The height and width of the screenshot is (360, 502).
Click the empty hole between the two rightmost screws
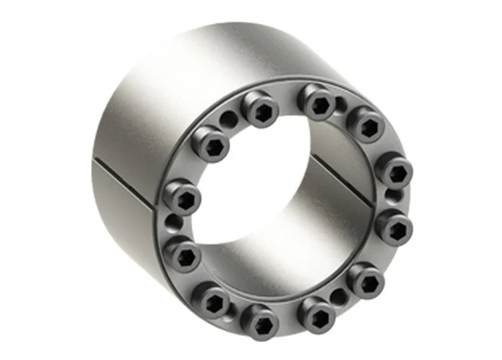tap(395, 195)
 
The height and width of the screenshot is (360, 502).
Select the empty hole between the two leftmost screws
tap(173, 221)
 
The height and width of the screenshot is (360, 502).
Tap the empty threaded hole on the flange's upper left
tap(230, 119)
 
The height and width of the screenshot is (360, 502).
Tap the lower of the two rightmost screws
tap(394, 224)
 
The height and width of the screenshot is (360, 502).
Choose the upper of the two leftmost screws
tap(182, 197)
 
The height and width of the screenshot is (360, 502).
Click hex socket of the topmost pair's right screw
tap(317, 102)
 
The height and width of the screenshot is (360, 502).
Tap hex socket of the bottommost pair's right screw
tap(317, 312)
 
